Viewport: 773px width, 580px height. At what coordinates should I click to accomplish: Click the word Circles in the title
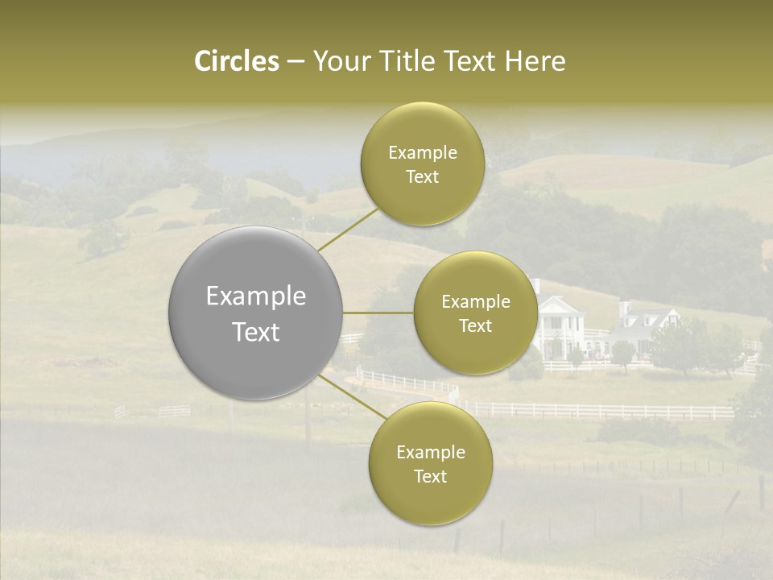(237, 61)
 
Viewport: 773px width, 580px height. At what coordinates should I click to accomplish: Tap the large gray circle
(255, 313)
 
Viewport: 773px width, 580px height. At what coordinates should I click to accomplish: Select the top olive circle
(422, 164)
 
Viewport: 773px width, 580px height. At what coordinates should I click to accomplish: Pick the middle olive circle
(475, 313)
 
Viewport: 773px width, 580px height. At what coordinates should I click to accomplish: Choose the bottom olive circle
(430, 464)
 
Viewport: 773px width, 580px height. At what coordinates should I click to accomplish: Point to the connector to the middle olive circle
(378, 313)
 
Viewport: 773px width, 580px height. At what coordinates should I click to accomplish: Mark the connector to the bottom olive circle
(352, 400)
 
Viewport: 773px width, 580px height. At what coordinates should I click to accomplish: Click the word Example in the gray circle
(256, 296)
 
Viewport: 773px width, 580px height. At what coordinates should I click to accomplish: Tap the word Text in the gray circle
(256, 332)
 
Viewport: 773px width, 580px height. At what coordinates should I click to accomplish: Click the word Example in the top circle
(422, 153)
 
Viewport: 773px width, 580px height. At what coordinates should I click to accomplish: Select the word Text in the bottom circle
(430, 476)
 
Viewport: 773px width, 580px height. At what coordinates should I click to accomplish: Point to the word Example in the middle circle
(475, 302)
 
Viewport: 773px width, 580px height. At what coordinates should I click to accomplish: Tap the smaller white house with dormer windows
(644, 326)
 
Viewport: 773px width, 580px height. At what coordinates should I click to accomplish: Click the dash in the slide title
(296, 62)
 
